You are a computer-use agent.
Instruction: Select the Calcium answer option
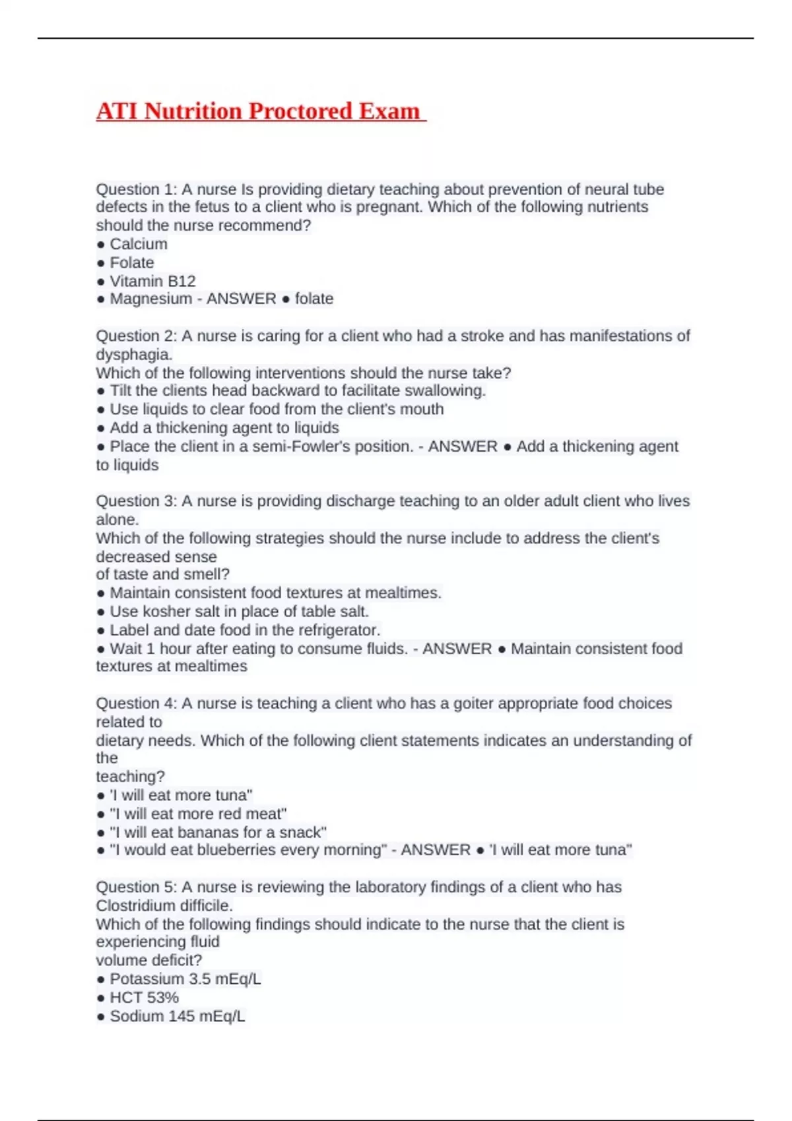click(138, 244)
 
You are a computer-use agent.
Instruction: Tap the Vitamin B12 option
click(152, 281)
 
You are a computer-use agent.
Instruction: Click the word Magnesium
click(150, 299)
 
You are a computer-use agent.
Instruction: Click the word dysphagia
click(133, 354)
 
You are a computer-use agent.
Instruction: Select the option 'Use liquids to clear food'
click(276, 409)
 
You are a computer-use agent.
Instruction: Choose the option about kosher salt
click(238, 611)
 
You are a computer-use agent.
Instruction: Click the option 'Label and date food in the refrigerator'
click(244, 630)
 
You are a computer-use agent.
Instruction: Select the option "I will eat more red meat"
click(197, 814)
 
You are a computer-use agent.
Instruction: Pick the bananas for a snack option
click(218, 832)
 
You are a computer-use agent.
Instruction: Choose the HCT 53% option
click(144, 998)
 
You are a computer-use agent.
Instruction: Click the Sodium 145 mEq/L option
click(177, 1016)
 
